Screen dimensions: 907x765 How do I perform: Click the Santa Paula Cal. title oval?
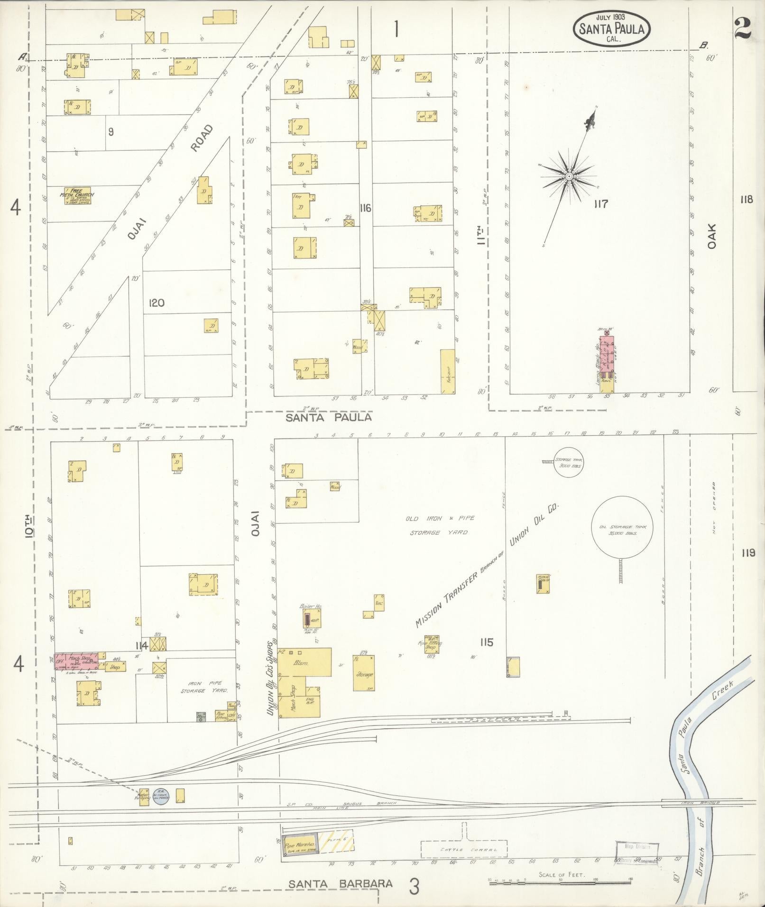(612, 28)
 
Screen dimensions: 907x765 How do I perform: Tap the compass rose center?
(569, 176)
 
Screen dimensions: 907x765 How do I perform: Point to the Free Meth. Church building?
(77, 195)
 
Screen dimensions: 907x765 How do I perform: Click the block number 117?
(600, 204)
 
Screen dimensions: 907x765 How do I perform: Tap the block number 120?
(156, 303)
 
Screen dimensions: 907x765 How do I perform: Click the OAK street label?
(711, 236)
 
